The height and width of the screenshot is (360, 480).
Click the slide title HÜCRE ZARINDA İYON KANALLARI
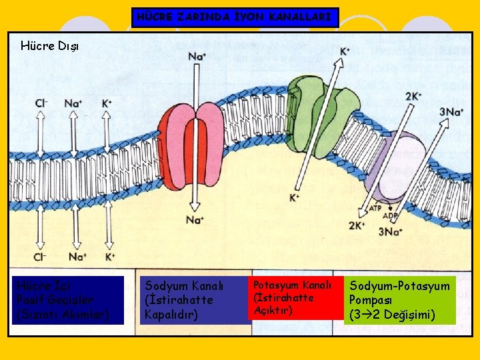235,17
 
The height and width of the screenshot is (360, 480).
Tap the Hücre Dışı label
49,46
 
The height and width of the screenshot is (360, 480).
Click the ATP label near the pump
375,208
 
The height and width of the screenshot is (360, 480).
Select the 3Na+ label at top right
451,111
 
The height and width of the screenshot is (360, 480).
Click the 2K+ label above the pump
413,96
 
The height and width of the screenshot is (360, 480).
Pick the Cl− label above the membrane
41,103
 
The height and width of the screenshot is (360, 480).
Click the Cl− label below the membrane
41,257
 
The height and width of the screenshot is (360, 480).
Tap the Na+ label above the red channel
196,56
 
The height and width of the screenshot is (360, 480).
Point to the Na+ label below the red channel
195,219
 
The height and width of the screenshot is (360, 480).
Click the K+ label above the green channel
345,51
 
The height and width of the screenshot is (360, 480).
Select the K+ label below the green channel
294,198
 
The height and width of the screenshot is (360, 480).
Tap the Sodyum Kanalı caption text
179,299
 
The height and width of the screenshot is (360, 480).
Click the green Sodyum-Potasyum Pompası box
400,300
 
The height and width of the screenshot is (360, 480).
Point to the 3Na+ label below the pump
390,232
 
